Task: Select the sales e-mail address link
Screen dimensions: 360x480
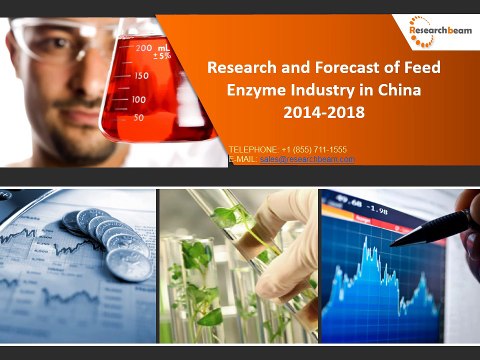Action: tap(307, 159)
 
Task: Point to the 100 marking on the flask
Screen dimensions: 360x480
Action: tap(138, 99)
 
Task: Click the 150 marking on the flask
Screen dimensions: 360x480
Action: tap(141, 75)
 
